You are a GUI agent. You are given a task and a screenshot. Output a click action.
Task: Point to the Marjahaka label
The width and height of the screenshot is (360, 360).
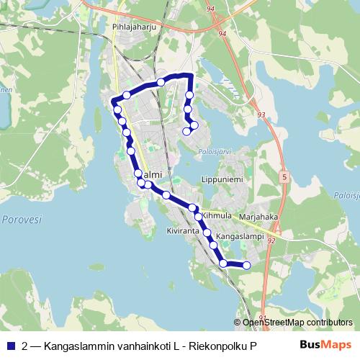pos(258,215)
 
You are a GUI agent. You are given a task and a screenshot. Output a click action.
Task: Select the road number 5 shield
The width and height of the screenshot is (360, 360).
pos(285,176)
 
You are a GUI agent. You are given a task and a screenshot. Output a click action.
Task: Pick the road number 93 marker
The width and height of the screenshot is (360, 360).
pos(261,114)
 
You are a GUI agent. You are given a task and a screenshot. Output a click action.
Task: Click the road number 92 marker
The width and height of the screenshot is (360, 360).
pos(271,241)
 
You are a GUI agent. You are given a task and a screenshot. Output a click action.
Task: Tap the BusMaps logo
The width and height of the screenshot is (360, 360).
pos(325,346)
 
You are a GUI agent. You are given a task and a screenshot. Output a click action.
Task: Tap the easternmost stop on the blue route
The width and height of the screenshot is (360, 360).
pos(247,266)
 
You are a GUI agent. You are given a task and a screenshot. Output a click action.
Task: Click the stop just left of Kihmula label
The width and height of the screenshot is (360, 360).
pos(198,216)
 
